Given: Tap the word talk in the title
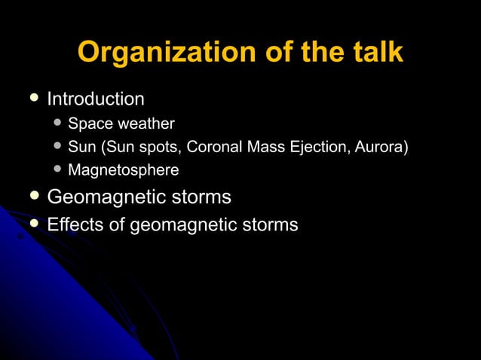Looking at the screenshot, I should click(376, 53).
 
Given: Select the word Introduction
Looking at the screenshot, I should click(96, 99).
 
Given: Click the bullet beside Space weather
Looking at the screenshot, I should click(58, 123).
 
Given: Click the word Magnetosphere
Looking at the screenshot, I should click(124, 170).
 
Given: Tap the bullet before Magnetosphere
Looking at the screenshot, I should click(58, 169).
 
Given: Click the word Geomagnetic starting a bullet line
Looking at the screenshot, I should click(106, 198).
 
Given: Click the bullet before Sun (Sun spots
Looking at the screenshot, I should click(58, 145).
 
